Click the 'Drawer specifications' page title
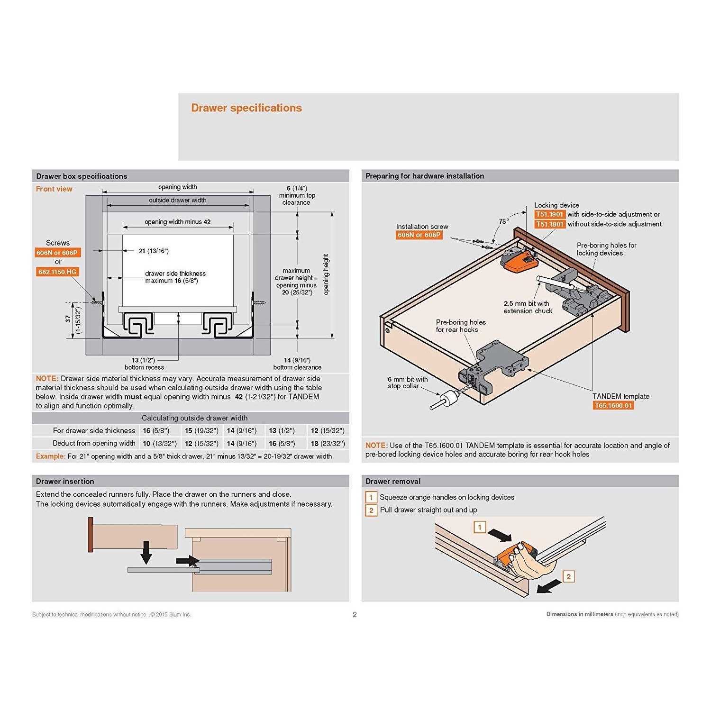[x=246, y=108]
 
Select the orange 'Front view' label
[x=54, y=189]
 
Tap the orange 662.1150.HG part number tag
[x=57, y=272]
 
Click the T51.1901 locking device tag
[x=549, y=215]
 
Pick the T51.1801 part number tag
[x=549, y=224]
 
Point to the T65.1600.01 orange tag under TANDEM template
[x=613, y=406]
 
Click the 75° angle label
[x=503, y=221]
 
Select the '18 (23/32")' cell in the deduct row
[x=328, y=444]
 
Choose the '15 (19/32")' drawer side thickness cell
[x=201, y=431]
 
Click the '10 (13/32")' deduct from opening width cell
[x=160, y=444]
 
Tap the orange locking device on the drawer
[x=518, y=262]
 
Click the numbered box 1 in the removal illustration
[x=480, y=527]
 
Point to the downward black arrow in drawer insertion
[x=146, y=552]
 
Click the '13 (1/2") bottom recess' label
[x=144, y=364]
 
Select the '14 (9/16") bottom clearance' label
[x=297, y=364]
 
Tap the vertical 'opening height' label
[x=326, y=274]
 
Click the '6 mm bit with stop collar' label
[x=407, y=383]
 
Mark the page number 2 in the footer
[x=355, y=615]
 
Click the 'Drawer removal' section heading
[x=393, y=482]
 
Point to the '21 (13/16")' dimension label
[x=154, y=251]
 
